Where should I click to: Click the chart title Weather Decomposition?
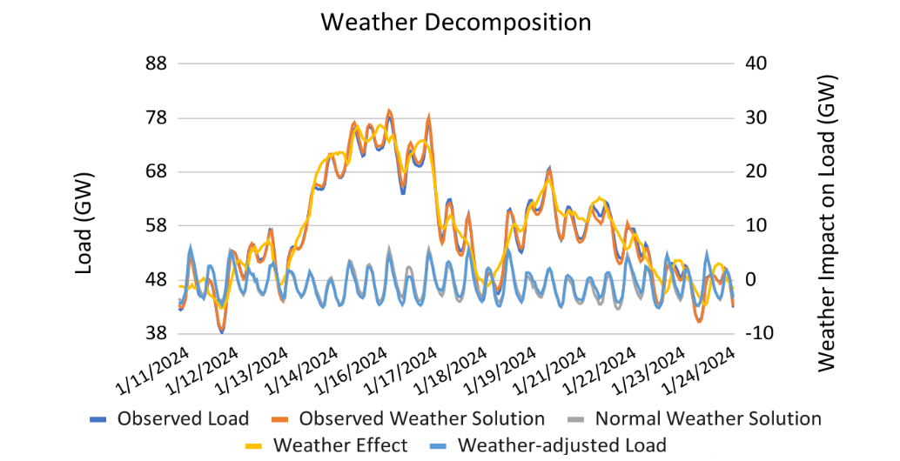tap(455, 22)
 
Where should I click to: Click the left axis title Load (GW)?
tap(84, 224)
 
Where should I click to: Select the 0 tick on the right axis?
tap(749, 279)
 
